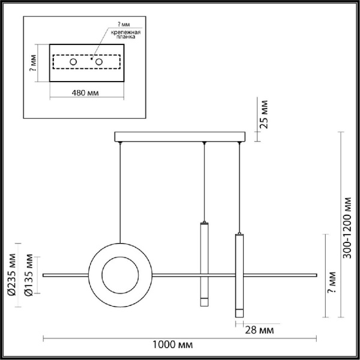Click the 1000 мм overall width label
173,344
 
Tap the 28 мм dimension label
259,331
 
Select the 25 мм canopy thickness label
264,115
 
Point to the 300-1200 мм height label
347,227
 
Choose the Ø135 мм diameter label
29,275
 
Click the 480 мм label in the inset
85,93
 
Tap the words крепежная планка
126,34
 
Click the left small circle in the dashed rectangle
73,62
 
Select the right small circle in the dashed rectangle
99,62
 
